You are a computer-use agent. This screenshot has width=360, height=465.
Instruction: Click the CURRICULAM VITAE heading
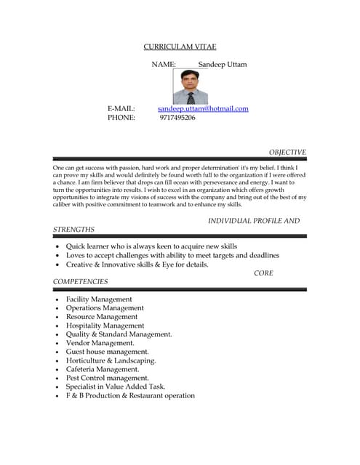(180, 46)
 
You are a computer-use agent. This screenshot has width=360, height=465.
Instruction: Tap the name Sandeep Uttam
(222, 65)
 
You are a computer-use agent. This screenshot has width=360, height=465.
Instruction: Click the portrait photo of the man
(190, 87)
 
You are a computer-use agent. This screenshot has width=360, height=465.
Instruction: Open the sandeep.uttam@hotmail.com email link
(203, 109)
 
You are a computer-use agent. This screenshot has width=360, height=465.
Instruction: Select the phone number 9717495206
(177, 118)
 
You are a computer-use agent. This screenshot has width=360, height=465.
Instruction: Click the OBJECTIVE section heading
(287, 153)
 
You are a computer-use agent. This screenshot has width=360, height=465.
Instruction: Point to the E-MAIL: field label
(121, 109)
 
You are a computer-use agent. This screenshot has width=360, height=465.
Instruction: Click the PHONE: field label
(121, 118)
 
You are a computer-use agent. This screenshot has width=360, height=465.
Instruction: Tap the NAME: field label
(164, 65)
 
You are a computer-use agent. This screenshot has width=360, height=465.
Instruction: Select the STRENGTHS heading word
(73, 230)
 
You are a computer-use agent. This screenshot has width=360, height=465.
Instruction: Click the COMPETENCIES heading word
(80, 282)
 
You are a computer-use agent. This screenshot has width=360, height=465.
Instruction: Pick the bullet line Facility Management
(99, 299)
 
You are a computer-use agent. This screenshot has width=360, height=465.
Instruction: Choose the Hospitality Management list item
(105, 325)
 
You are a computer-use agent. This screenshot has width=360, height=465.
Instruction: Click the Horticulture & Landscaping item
(111, 360)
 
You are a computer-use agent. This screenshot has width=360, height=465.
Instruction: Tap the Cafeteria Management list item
(103, 369)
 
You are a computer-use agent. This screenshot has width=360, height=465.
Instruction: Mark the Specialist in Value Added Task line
(116, 387)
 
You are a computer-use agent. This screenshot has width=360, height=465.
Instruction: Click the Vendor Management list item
(100, 343)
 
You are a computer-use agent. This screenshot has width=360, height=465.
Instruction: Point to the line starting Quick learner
(151, 246)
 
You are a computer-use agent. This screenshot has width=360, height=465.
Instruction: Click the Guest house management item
(107, 352)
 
